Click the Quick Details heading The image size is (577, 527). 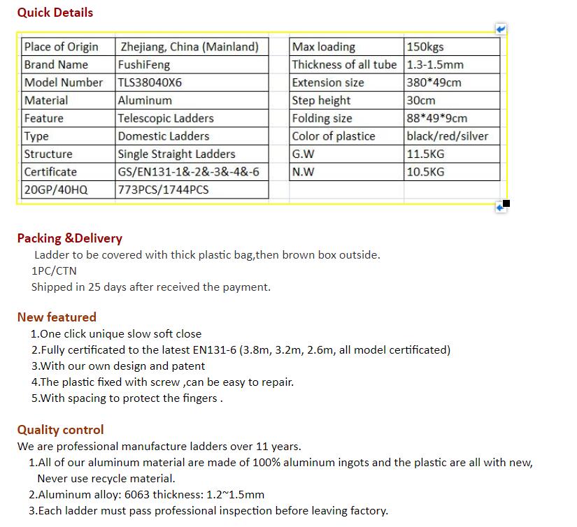tap(55, 13)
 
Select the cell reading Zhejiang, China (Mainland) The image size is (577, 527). tap(190, 47)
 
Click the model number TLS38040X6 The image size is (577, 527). tap(150, 82)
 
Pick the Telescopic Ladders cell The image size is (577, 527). tap(166, 118)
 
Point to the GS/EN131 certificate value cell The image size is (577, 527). tap(188, 172)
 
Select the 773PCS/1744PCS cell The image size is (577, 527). tap(163, 189)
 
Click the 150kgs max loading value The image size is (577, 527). tap(425, 47)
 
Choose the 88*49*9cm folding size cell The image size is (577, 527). tap(437, 118)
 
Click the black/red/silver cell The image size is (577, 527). tap(448, 136)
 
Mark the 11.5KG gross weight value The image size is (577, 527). tap(425, 154)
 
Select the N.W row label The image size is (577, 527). tap(304, 172)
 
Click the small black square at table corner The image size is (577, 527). tap(506, 203)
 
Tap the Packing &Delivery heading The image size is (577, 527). tap(69, 238)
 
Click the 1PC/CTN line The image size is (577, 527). tap(54, 270)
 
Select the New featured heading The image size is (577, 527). tap(57, 317)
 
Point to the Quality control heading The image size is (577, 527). tap(60, 430)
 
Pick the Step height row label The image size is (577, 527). tap(322, 101)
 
